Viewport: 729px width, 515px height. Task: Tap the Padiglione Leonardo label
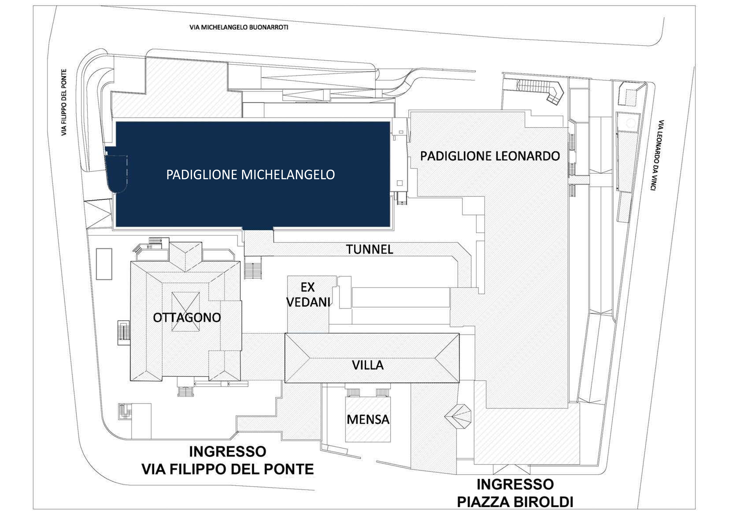click(490, 156)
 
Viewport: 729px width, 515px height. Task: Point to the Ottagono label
click(187, 318)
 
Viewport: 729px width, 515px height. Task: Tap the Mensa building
click(368, 419)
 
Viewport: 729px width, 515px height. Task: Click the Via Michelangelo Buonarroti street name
click(239, 27)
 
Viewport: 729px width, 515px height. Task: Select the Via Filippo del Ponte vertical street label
click(64, 102)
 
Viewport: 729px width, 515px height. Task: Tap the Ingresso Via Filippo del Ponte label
click(228, 460)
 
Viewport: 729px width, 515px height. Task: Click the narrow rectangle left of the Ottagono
click(104, 264)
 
